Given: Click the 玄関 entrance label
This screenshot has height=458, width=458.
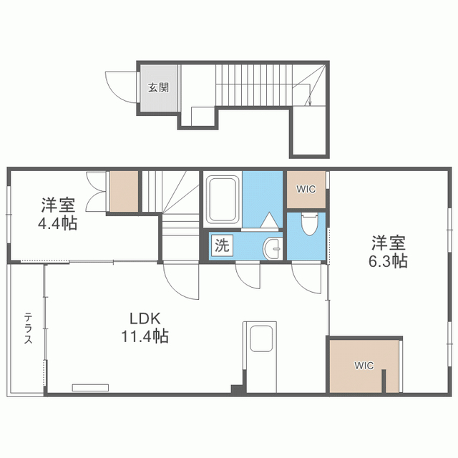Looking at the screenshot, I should [x=158, y=88].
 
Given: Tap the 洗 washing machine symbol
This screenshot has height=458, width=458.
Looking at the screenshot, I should [x=222, y=245].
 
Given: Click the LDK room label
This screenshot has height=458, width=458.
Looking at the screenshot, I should [x=148, y=318].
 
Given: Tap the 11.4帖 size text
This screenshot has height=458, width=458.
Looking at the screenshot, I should [x=148, y=335].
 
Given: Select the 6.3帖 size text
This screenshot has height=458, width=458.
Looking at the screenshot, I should [x=389, y=261].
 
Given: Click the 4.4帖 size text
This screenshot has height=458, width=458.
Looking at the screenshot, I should [x=58, y=223].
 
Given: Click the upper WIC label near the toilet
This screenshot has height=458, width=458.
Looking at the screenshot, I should [x=307, y=190].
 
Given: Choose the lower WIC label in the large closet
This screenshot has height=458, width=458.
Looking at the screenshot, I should [x=364, y=365].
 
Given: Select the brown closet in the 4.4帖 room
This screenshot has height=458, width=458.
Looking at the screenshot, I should [x=124, y=190].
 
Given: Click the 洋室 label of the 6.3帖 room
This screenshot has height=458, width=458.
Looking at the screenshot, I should [x=389, y=242].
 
